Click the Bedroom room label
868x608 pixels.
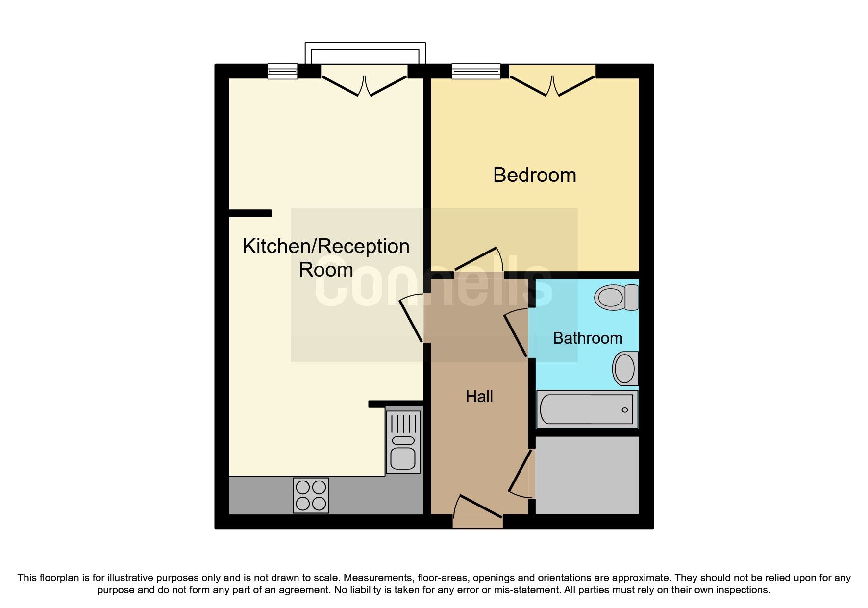(534, 175)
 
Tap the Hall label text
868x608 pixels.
(479, 396)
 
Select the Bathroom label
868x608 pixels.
(587, 338)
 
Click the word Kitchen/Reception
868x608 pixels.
(325, 246)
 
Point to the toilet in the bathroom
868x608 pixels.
(616, 297)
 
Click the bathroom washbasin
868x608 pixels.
(625, 368)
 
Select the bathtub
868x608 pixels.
(587, 409)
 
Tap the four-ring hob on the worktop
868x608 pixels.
(311, 495)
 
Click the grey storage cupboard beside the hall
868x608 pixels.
(587, 475)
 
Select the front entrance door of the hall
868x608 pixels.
(478, 512)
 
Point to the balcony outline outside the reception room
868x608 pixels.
(365, 47)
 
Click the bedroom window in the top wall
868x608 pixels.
(476, 71)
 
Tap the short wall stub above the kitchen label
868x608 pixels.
(250, 213)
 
